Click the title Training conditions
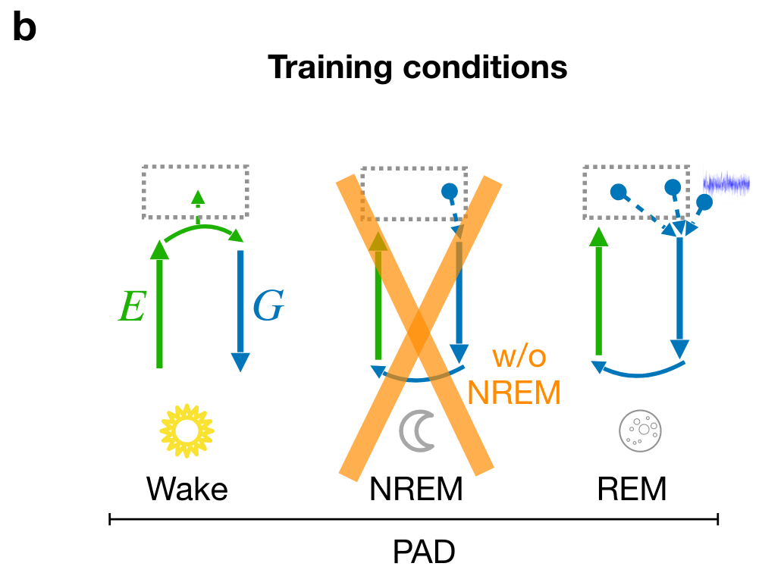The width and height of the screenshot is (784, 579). (417, 68)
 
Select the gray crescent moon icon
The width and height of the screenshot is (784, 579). (416, 431)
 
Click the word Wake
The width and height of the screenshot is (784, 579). (187, 490)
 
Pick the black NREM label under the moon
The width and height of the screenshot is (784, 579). (416, 490)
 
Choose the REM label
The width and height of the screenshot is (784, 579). (632, 490)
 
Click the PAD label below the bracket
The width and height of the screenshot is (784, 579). (424, 552)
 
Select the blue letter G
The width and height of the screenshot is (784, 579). (268, 306)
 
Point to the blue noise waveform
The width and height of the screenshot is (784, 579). (726, 183)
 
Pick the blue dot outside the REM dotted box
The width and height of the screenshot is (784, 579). (704, 202)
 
